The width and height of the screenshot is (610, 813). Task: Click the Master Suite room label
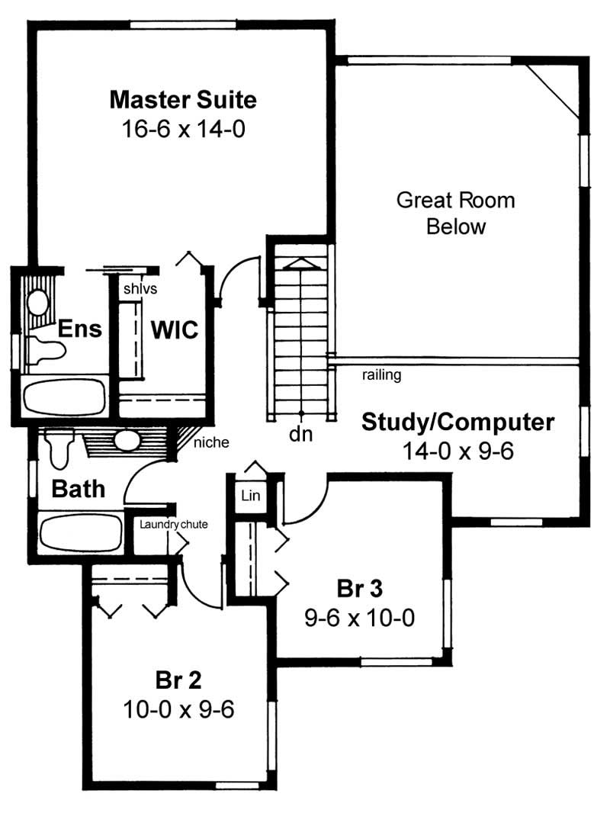click(183, 100)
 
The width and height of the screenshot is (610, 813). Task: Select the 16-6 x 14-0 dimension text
click(183, 129)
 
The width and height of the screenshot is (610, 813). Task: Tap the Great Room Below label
click(456, 214)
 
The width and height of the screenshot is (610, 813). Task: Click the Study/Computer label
click(457, 422)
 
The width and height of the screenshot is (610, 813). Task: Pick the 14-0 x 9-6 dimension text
click(457, 451)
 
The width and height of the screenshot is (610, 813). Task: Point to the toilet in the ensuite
click(46, 350)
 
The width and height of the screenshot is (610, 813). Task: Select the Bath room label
click(79, 489)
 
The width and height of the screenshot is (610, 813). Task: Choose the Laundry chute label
click(173, 524)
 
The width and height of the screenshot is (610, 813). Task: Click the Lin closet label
click(251, 496)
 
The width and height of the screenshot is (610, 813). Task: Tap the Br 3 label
click(359, 589)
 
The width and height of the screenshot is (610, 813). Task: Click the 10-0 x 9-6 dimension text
click(178, 709)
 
